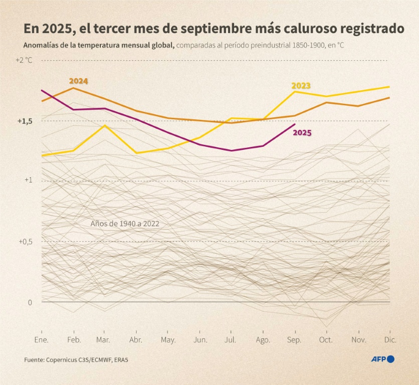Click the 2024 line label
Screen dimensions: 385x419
tap(79, 81)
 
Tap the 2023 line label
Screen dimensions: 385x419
tap(301, 86)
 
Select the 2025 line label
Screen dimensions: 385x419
tap(302, 133)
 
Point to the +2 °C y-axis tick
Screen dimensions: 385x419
tap(24, 60)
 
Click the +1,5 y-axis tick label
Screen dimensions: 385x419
tap(25, 121)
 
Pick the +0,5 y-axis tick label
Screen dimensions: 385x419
tap(25, 241)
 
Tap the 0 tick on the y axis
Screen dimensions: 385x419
tap(30, 302)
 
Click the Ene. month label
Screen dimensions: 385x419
tap(41, 340)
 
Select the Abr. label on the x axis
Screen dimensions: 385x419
tap(136, 340)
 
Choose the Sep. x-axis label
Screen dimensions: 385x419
tap(294, 340)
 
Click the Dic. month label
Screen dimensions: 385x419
tap(390, 340)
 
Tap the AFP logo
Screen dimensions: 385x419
tap(382, 359)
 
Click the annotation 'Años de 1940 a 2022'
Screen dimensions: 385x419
tap(125, 224)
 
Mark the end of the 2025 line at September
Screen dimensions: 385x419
tap(295, 124)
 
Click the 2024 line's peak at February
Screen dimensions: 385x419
tap(74, 88)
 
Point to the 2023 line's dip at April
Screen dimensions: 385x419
tap(136, 153)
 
